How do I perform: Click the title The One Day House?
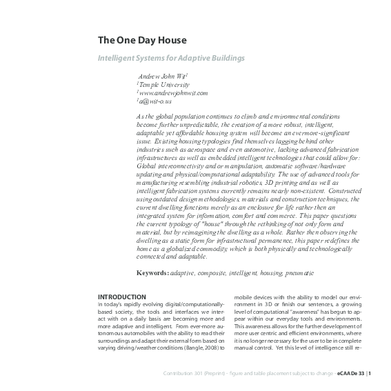141,41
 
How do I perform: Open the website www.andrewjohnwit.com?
172,92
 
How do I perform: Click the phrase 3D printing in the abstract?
272,182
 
